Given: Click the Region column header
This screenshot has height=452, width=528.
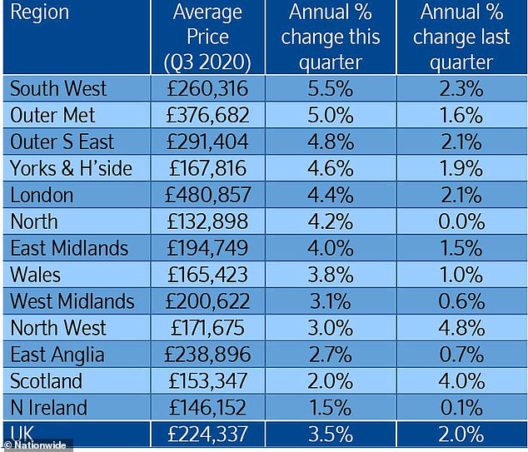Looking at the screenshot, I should click(39, 12).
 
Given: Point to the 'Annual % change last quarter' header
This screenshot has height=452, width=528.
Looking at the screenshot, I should click(462, 37).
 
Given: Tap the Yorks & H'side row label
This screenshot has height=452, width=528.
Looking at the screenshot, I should click(71, 169).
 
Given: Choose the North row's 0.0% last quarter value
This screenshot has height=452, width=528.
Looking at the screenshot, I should click(462, 222).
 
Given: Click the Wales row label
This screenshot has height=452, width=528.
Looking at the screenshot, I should click(37, 276).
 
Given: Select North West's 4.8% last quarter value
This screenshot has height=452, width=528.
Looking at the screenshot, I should click(462, 329).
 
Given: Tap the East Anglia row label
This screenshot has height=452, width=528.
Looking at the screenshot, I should click(57, 355).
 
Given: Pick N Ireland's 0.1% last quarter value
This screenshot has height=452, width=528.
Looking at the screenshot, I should click(462, 409).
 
